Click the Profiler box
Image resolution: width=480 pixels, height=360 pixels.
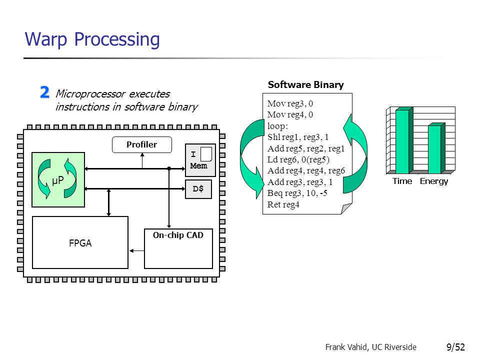pyautogui.click(x=141, y=144)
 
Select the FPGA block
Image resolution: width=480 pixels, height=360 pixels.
pyautogui.click(x=80, y=242)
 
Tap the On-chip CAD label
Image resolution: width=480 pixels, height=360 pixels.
pyautogui.click(x=178, y=235)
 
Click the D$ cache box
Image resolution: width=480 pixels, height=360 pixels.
pyautogui.click(x=198, y=189)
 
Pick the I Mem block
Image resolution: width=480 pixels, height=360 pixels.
pyautogui.click(x=200, y=160)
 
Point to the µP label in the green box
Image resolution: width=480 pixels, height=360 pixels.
pyautogui.click(x=58, y=180)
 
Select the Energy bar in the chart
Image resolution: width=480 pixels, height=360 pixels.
pyautogui.click(x=436, y=148)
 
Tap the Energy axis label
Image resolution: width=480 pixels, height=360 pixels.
pyautogui.click(x=434, y=181)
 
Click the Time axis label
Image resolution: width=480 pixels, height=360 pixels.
pyautogui.click(x=402, y=181)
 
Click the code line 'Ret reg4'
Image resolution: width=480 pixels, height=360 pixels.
pyautogui.click(x=283, y=204)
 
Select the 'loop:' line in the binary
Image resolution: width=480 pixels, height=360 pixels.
pyautogui.click(x=277, y=126)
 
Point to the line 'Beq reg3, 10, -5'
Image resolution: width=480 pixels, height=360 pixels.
pyautogui.click(x=297, y=193)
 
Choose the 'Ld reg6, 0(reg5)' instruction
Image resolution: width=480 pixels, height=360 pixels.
pyautogui.click(x=298, y=159)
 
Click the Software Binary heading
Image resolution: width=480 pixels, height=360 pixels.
pyautogui.click(x=306, y=85)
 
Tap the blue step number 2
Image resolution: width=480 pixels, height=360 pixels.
pyautogui.click(x=44, y=92)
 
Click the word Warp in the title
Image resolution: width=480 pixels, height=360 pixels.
pyautogui.click(x=46, y=40)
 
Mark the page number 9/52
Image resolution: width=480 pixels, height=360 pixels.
pyautogui.click(x=455, y=347)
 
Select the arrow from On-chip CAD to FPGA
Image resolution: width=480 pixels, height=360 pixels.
pyautogui.click(x=136, y=250)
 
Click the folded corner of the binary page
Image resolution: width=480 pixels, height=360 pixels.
pyautogui.click(x=346, y=208)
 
